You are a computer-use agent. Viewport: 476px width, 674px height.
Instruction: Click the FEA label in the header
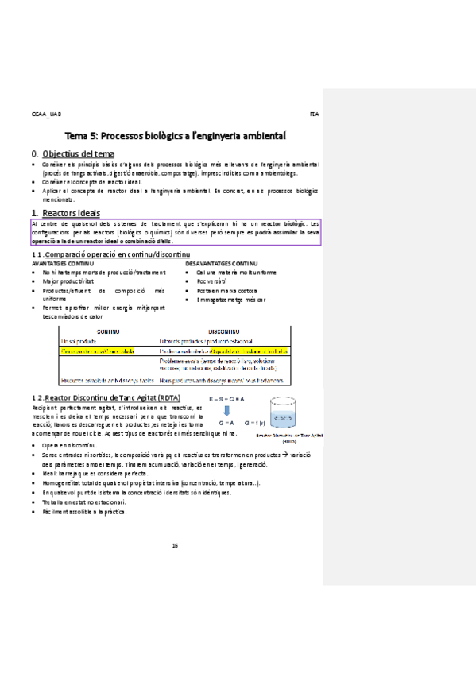tap(313, 114)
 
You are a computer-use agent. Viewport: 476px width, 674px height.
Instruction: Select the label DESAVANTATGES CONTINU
tap(221, 263)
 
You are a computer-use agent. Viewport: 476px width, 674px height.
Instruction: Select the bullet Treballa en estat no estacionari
tap(95, 502)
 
